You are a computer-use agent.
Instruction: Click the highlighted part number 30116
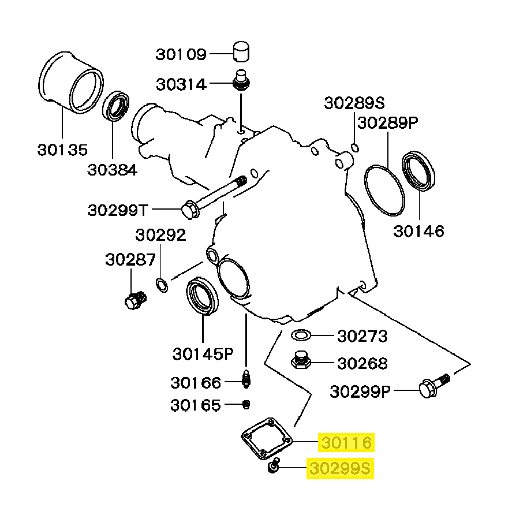(x=345, y=443)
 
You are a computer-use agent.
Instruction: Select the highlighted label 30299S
(x=341, y=468)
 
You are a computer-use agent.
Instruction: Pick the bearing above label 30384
(x=118, y=106)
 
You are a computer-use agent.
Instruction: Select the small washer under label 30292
(x=162, y=284)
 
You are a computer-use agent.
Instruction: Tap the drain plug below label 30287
(x=135, y=300)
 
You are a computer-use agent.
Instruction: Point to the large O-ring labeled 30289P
(x=385, y=189)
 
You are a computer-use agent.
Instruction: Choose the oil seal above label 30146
(x=420, y=170)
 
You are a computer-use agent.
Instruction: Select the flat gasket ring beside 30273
(x=301, y=335)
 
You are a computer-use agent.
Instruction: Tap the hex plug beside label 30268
(x=300, y=361)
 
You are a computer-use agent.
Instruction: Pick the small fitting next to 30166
(x=246, y=380)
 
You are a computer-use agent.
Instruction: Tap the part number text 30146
(x=419, y=232)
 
